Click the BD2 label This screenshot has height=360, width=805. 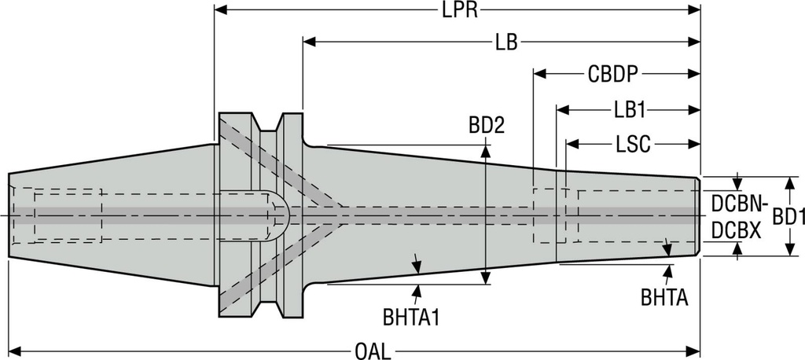[x=486, y=125]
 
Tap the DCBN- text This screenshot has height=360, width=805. [x=738, y=204]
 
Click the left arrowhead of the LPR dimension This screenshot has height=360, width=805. [x=220, y=10]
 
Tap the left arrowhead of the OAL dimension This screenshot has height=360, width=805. [x=14, y=349]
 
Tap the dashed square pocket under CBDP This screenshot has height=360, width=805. [x=546, y=216]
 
